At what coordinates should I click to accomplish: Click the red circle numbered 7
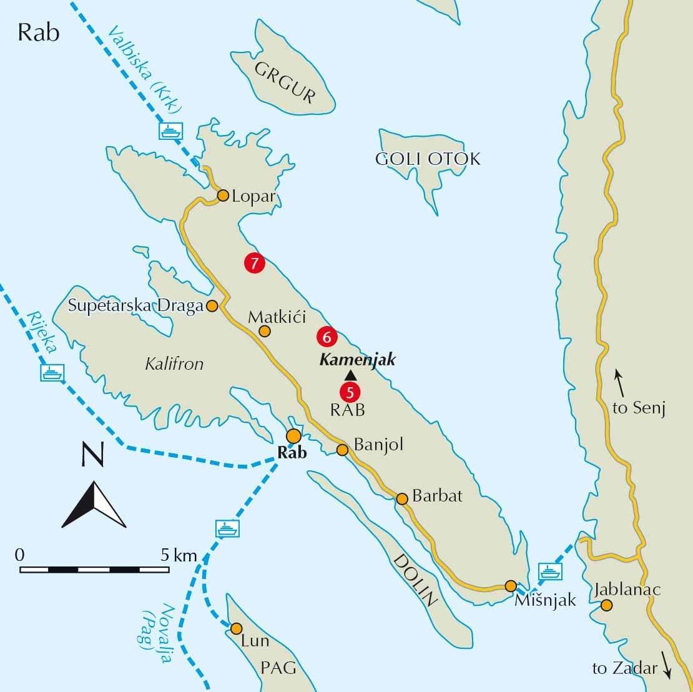[x=254, y=264]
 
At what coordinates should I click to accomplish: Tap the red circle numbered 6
[x=327, y=337]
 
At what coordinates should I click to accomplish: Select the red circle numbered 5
[x=350, y=392]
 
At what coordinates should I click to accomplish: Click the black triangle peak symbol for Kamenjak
[x=350, y=375]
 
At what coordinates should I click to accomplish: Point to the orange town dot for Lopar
[x=223, y=196]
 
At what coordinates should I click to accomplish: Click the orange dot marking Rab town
[x=293, y=436]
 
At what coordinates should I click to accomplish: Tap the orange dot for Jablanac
[x=606, y=605]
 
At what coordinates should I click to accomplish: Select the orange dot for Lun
[x=236, y=628]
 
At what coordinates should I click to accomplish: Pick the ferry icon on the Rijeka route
[x=52, y=373]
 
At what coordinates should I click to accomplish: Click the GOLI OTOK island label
[x=428, y=159]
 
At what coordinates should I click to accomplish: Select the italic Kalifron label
[x=174, y=364]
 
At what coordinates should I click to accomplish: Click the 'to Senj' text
[x=639, y=409]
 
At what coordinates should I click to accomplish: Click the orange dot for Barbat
[x=402, y=498]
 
